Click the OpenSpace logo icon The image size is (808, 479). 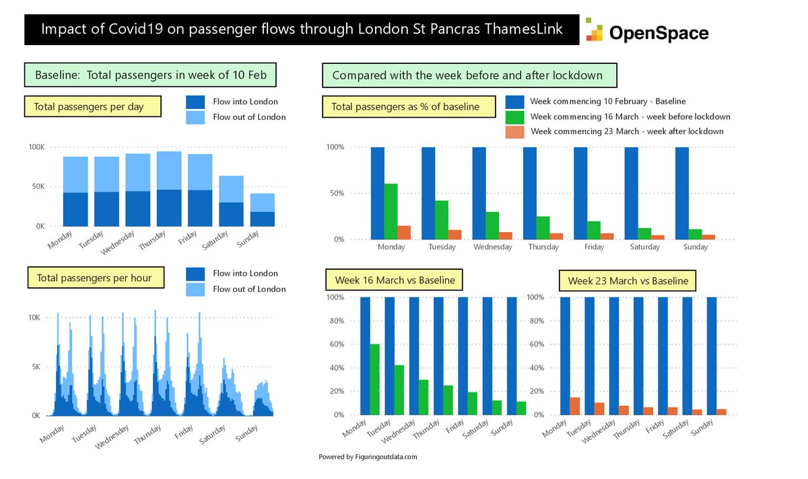tap(594, 30)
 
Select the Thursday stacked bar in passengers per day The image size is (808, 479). tap(169, 189)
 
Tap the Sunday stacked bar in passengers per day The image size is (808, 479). tap(263, 210)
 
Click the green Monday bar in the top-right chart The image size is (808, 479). tap(391, 211)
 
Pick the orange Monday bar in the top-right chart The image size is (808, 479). tap(404, 232)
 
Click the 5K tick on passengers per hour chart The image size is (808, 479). tap(36, 367)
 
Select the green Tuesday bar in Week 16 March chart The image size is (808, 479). tap(399, 390)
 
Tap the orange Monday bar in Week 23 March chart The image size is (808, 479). tap(574, 406)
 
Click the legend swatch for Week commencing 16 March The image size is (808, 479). tap(515, 116)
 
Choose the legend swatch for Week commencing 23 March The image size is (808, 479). tap(515, 131)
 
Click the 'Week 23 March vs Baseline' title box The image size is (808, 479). tap(628, 281)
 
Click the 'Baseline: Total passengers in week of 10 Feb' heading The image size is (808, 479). tap(150, 74)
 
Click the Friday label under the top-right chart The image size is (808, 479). tap(594, 247)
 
